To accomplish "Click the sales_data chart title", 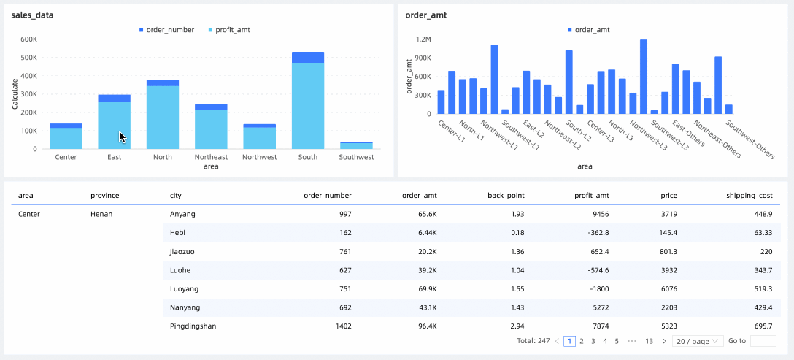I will click(x=32, y=15).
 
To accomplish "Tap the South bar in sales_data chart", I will click(x=307, y=102).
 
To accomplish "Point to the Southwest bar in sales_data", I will click(x=355, y=145).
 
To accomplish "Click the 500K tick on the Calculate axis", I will click(x=28, y=58).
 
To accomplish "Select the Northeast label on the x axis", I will click(x=211, y=157).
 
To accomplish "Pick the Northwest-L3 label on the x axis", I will click(x=649, y=136).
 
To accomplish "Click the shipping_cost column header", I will click(x=749, y=196).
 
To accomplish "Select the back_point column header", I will click(x=506, y=196).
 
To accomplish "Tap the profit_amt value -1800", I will click(x=598, y=288).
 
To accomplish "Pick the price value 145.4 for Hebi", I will click(x=668, y=233).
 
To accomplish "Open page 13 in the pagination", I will click(x=649, y=341).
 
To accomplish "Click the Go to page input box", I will click(x=763, y=341).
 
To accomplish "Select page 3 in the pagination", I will click(x=593, y=341).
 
